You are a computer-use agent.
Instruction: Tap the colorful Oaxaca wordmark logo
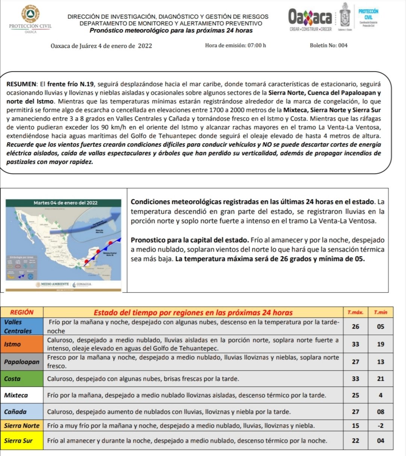[x=310, y=17]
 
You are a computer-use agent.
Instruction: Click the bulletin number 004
[x=343, y=45]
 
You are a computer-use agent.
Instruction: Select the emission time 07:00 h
[x=256, y=45]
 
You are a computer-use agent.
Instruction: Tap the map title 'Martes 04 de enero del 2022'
[x=65, y=203]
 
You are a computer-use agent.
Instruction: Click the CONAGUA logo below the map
[x=82, y=284]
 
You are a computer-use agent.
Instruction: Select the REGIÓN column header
[x=22, y=312]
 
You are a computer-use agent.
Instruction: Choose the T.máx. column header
[x=355, y=312]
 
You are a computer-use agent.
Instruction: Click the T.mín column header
[x=380, y=312]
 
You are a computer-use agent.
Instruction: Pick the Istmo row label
[x=12, y=344]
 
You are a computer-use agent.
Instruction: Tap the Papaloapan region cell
[x=22, y=362]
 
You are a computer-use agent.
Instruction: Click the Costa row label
[x=12, y=379]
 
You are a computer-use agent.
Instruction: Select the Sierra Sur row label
[x=18, y=441]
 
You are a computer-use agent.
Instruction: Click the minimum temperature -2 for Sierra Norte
[x=380, y=426]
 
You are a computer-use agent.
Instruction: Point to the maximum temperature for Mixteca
[x=355, y=395]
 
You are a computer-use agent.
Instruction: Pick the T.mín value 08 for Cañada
[x=380, y=412]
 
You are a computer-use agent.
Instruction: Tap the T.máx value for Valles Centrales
[x=355, y=327]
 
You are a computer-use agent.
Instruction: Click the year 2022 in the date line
[x=145, y=46]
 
